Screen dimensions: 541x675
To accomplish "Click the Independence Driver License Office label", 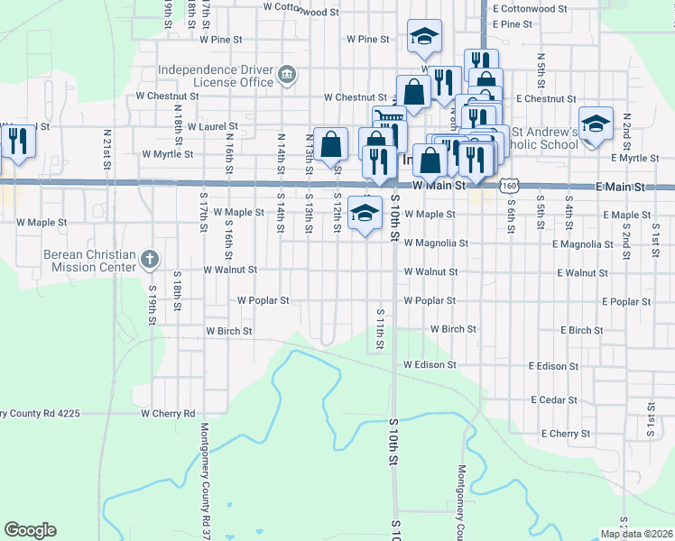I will (x=215, y=76).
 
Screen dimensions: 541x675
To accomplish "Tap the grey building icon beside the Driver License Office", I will (x=287, y=74).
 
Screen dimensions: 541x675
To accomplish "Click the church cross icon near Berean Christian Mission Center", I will (x=150, y=261).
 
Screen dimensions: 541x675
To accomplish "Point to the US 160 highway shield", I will (x=511, y=185).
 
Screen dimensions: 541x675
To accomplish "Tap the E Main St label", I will (x=624, y=187).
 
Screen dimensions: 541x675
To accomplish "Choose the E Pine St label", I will (x=520, y=24).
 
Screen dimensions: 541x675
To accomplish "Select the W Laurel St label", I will (x=212, y=127).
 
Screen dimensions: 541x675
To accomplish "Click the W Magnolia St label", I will (x=436, y=243).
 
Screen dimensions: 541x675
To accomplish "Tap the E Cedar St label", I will (x=553, y=399).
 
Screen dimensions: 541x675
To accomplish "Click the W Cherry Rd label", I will (x=168, y=414).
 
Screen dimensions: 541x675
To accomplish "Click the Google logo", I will (x=30, y=530).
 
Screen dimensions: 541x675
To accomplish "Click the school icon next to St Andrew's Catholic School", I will (x=596, y=125).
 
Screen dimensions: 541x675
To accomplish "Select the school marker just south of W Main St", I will (x=365, y=214).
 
